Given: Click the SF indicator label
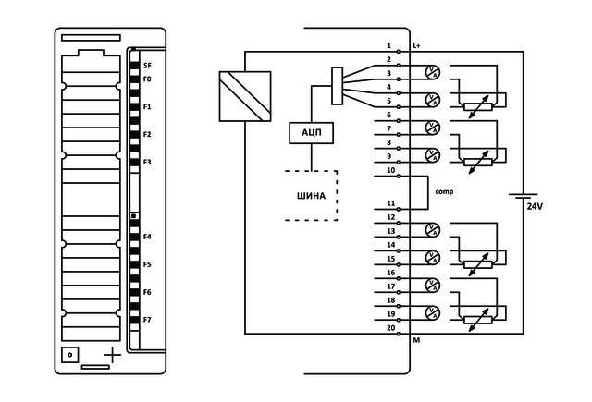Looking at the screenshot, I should click(146, 67).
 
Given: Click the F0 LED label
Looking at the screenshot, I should click(146, 79).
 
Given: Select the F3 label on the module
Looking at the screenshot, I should click(146, 163).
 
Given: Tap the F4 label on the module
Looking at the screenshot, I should click(146, 238).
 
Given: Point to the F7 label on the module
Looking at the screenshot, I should click(146, 320).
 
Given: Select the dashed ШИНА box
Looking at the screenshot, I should click(310, 195).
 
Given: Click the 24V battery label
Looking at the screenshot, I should click(535, 206).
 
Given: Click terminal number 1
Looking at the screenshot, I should click(389, 45).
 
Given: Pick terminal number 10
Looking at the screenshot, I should click(390, 171).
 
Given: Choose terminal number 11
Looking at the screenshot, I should click(390, 203).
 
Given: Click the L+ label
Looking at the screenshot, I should click(417, 45).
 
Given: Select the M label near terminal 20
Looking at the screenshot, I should click(416, 341).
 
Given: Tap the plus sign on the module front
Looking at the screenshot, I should click(112, 355).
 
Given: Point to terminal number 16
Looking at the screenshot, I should click(390, 274).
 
